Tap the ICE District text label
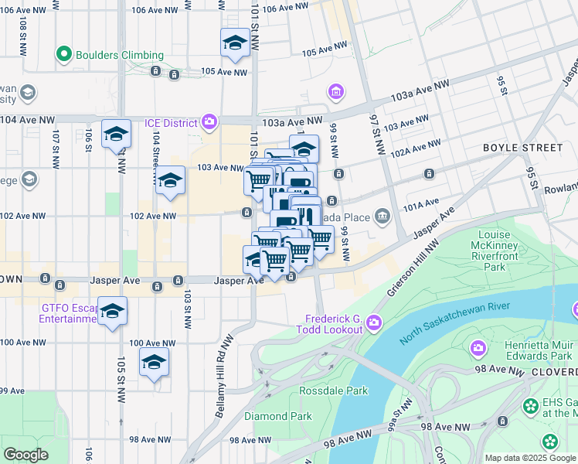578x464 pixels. pyautogui.click(x=172, y=122)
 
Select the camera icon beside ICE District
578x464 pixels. pyautogui.click(x=209, y=122)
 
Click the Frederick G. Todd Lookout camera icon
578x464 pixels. pyautogui.click(x=374, y=322)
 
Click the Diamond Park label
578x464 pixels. pyautogui.click(x=278, y=416)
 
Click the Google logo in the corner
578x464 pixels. pyautogui.click(x=25, y=454)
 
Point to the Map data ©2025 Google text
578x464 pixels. pyautogui.click(x=529, y=458)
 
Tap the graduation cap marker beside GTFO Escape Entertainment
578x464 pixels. pyautogui.click(x=113, y=311)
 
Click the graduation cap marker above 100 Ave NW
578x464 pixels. pyautogui.click(x=154, y=362)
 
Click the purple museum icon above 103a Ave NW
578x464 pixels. pyautogui.click(x=335, y=94)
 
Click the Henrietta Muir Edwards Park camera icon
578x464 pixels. pyautogui.click(x=478, y=348)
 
